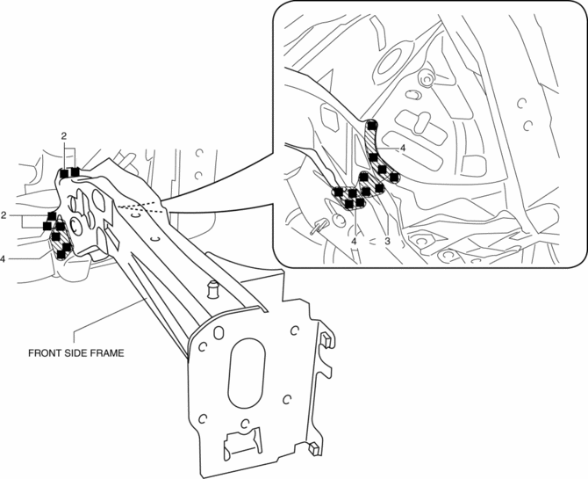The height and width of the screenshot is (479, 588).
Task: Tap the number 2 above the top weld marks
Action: (63, 136)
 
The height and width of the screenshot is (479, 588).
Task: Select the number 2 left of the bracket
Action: (4, 214)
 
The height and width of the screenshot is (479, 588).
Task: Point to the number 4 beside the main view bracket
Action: (4, 259)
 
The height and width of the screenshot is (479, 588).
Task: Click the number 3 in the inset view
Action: (386, 239)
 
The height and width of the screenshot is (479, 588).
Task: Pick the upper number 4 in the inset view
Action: (403, 149)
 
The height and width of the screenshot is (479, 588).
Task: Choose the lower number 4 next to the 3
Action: (355, 239)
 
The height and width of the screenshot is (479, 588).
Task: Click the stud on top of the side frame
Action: (211, 287)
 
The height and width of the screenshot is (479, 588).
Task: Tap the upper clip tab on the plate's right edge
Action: (326, 340)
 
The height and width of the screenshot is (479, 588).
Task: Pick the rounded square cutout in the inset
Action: (474, 166)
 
